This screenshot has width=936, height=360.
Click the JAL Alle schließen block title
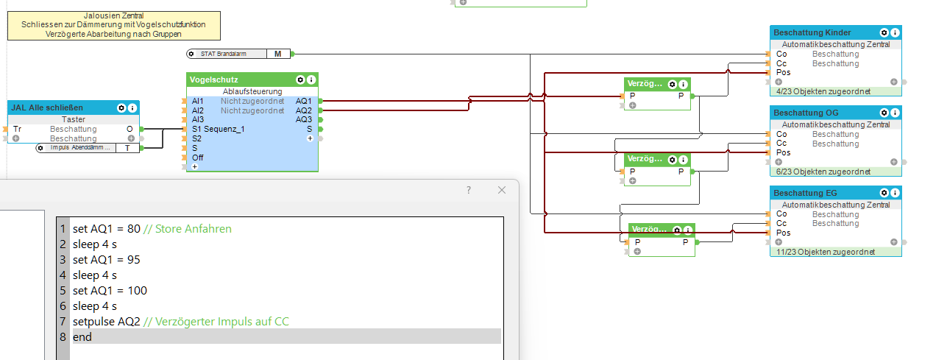coord(47,107)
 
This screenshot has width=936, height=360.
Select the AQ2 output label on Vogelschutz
coord(303,110)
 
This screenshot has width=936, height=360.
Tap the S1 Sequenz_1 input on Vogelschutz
coord(218,129)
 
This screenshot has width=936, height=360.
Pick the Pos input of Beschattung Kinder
coord(783,72)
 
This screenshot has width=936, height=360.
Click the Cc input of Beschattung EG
coord(781,223)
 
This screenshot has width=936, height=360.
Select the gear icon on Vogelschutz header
coord(300,80)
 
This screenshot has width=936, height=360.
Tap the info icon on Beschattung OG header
coord(894,113)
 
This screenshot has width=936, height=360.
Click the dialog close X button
coord(502,190)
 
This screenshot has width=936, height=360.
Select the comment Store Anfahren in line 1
coord(188,229)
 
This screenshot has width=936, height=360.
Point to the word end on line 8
coord(82,336)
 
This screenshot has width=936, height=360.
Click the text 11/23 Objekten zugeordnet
coord(825,252)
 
